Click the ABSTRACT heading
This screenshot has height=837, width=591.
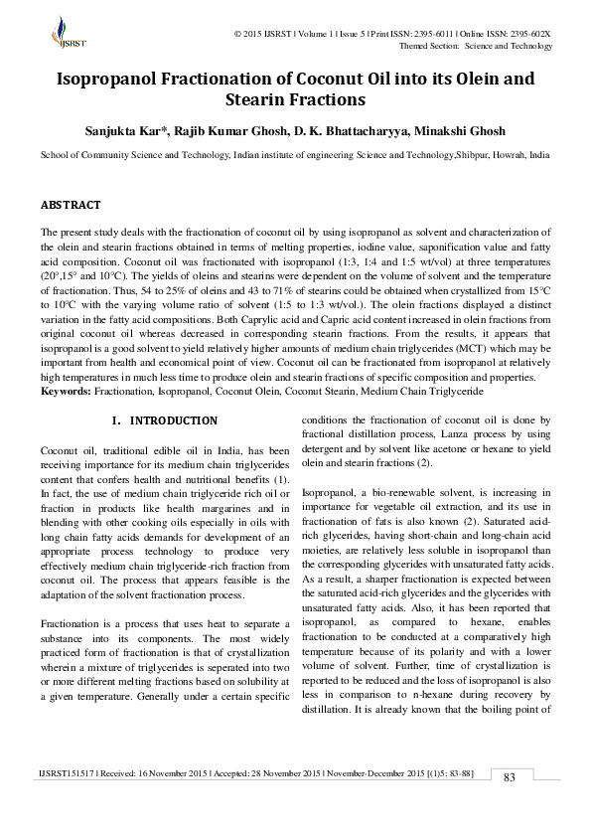[70, 205]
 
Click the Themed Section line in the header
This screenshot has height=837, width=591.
[475, 46]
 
